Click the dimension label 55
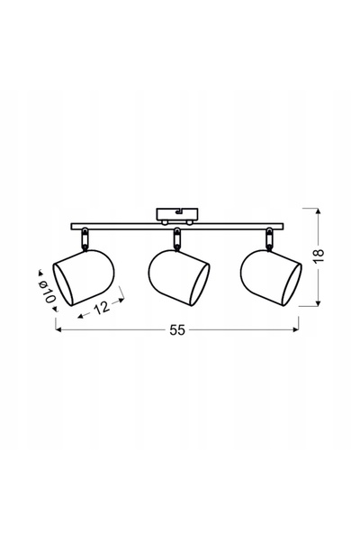[x=177, y=330]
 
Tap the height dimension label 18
[x=319, y=256]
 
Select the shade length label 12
[x=102, y=307]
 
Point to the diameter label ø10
[x=48, y=292]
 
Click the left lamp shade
[x=83, y=277]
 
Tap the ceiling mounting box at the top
[x=177, y=214]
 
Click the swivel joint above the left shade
[x=84, y=238]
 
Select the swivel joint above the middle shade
[x=177, y=238]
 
